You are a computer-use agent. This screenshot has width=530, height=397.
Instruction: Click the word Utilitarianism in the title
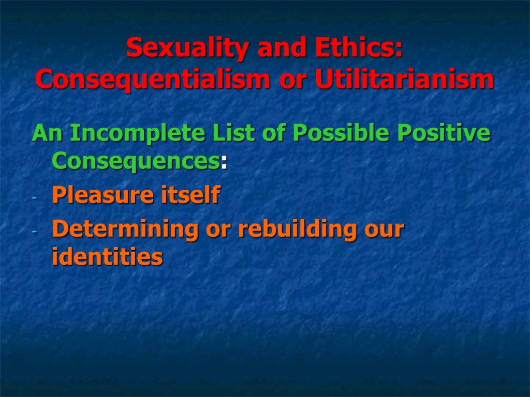pos(403,80)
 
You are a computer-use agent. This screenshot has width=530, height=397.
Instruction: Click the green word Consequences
pos(136,162)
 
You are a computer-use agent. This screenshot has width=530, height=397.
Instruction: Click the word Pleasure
pos(94,195)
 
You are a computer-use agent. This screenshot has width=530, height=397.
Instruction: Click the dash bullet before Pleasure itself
pos(34,198)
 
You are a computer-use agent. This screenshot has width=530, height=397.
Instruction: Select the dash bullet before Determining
pos(34,232)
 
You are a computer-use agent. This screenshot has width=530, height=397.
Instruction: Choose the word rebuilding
pos(283,229)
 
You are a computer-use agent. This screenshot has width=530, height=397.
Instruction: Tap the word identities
pos(107,257)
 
